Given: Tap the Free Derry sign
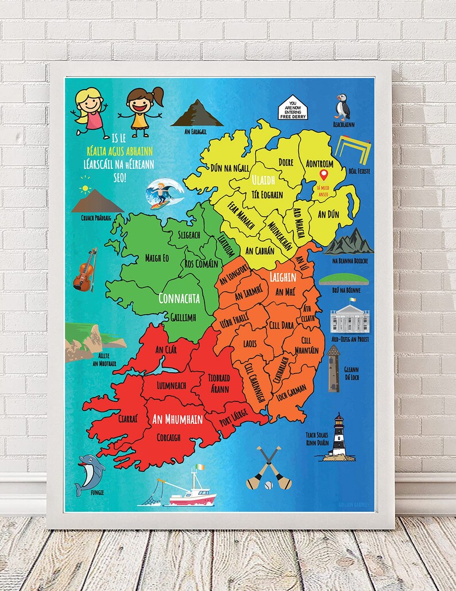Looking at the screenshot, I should tap(293, 107).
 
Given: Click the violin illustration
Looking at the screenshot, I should tap(84, 271).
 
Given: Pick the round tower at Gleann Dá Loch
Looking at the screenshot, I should tap(334, 368).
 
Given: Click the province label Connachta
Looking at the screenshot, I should tap(179, 298).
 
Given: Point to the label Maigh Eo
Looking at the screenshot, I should tap(149, 258).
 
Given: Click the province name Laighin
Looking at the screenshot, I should tap(283, 277).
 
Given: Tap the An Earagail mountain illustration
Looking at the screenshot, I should tap(196, 113).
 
